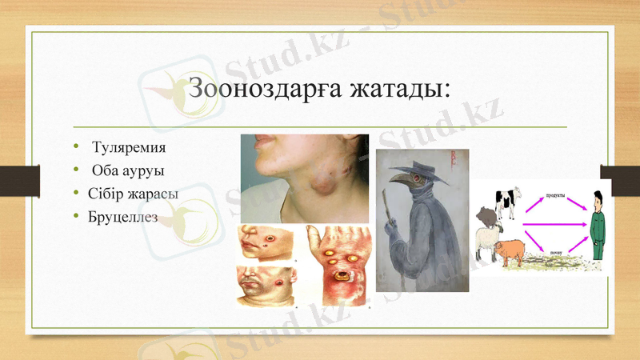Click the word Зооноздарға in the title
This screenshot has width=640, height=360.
pos(263,88)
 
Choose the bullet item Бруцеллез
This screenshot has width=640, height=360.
pos(126,216)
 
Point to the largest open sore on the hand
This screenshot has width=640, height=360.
pos(346,275)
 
